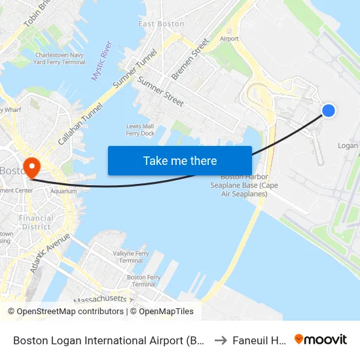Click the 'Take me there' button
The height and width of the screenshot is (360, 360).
click(180, 160)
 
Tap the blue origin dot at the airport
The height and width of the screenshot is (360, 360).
click(329, 111)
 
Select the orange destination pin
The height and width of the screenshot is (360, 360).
click(30, 167)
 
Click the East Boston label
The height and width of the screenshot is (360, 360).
click(162, 24)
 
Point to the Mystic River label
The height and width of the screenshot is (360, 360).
click(101, 61)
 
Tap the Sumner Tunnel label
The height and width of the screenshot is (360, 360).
click(135, 69)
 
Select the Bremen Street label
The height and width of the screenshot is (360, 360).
click(190, 59)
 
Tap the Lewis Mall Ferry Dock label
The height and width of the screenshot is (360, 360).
click(140, 130)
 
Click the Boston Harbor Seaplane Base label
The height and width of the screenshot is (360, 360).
click(244, 185)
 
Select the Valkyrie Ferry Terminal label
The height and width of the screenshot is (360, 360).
click(132, 257)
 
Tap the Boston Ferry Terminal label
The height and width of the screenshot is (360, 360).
click(144, 281)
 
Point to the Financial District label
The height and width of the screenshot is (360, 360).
click(36, 223)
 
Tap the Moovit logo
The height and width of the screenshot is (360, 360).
click(321, 340)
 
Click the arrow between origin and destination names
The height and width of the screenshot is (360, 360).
click(221, 340)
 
